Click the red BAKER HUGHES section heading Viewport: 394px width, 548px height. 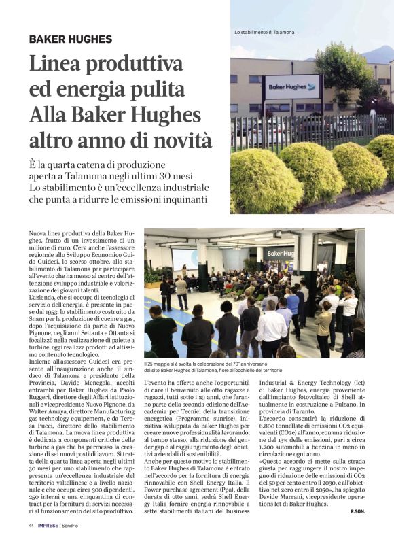pos(70,39)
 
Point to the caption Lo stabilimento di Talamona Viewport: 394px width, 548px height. pos(264,33)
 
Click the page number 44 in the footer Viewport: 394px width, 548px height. pos(32,525)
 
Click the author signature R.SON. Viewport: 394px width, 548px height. pos(358,510)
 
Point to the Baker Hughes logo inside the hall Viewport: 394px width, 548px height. pos(279,254)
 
